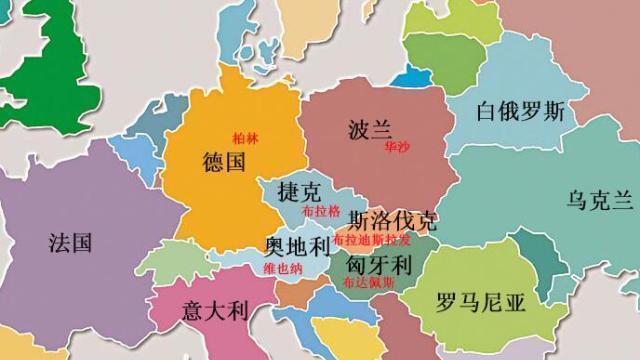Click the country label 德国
(x=223, y=162)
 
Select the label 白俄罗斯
(x=520, y=111)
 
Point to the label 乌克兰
(x=600, y=199)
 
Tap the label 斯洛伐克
(x=392, y=219)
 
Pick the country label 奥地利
(x=296, y=246)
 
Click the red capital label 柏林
(x=245, y=139)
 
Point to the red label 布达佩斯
(x=368, y=284)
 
